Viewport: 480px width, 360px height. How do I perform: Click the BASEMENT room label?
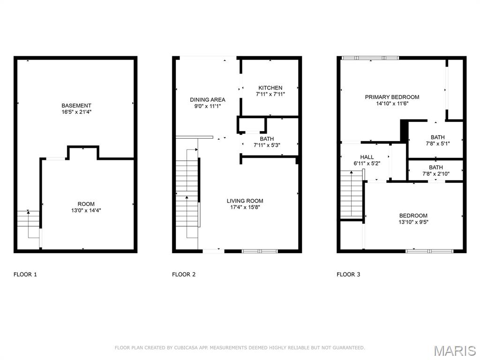pyautogui.click(x=76, y=105)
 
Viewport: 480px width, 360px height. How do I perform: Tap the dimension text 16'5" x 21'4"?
pyautogui.click(x=76, y=112)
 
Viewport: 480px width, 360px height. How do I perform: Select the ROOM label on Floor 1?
pyautogui.click(x=86, y=204)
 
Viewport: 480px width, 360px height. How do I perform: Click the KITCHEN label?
pyautogui.click(x=270, y=88)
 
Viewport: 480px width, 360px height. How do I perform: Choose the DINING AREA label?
pyautogui.click(x=207, y=99)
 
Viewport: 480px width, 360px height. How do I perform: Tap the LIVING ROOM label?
pyautogui.click(x=245, y=201)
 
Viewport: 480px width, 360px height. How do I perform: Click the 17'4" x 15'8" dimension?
pyautogui.click(x=245, y=208)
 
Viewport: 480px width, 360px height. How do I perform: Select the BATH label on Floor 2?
pyautogui.click(x=267, y=139)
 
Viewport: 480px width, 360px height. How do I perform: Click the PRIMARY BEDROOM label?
pyautogui.click(x=392, y=97)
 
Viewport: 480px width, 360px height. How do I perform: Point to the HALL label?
pyautogui.click(x=367, y=157)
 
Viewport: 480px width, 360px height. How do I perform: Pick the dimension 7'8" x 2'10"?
pyautogui.click(x=435, y=174)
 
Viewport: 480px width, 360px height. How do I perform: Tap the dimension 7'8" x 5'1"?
pyautogui.click(x=435, y=144)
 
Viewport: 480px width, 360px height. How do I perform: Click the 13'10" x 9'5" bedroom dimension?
pyautogui.click(x=413, y=222)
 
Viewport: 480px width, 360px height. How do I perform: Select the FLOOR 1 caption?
pyautogui.click(x=25, y=274)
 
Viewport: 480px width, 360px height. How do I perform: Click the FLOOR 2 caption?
pyautogui.click(x=184, y=274)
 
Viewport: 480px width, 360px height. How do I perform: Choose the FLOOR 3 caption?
pyautogui.click(x=348, y=274)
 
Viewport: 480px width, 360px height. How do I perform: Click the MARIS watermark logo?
pyautogui.click(x=455, y=351)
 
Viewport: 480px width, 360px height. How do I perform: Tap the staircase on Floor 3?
pyautogui.click(x=352, y=195)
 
